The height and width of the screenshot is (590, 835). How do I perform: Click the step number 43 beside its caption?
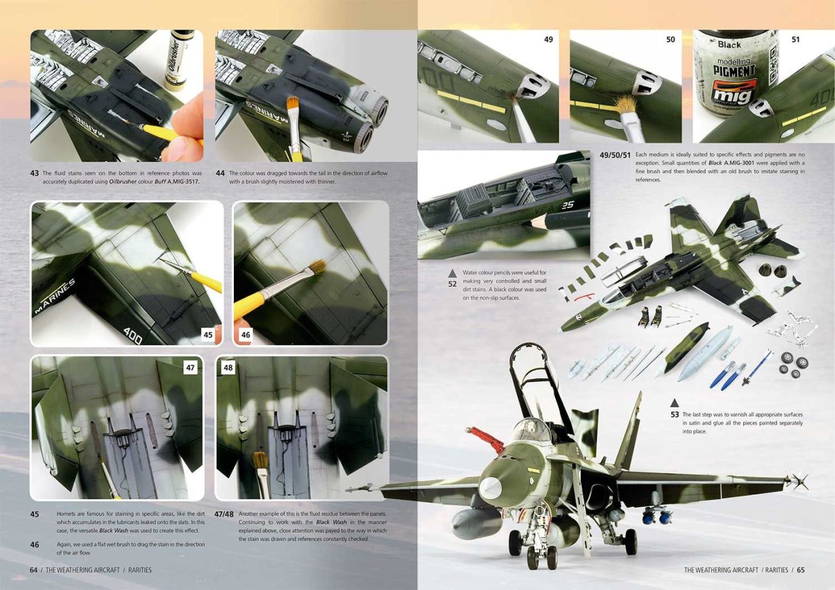click(x=34, y=173)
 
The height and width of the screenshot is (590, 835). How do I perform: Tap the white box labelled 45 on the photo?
click(x=208, y=335)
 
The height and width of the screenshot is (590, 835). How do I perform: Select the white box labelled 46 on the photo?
click(x=245, y=335)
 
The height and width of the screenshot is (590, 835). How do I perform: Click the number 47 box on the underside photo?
click(x=190, y=368)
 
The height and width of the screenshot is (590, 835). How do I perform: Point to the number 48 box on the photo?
click(x=228, y=368)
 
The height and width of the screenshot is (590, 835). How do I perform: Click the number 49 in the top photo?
click(x=549, y=39)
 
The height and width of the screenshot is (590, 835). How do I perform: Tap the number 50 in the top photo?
click(x=670, y=39)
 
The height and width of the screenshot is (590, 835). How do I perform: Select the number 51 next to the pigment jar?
click(x=795, y=39)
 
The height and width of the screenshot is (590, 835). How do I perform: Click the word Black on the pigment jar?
click(x=729, y=45)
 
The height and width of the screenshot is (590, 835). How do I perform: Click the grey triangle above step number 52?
click(x=452, y=273)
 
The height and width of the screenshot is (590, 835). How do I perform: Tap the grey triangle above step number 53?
click(x=674, y=403)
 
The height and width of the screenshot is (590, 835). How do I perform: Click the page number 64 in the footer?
click(x=33, y=570)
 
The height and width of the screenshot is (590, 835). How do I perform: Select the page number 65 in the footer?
click(x=801, y=570)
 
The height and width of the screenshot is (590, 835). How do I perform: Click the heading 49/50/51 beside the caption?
click(x=615, y=155)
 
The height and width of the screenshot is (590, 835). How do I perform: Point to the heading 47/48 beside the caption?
click(x=224, y=514)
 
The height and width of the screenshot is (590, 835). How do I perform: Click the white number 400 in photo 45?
click(x=133, y=336)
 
